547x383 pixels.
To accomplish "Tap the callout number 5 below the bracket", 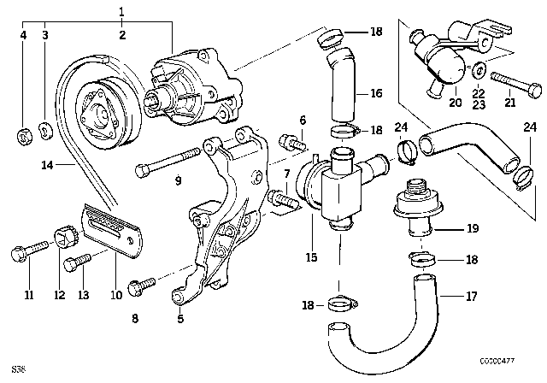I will click(180, 321).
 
